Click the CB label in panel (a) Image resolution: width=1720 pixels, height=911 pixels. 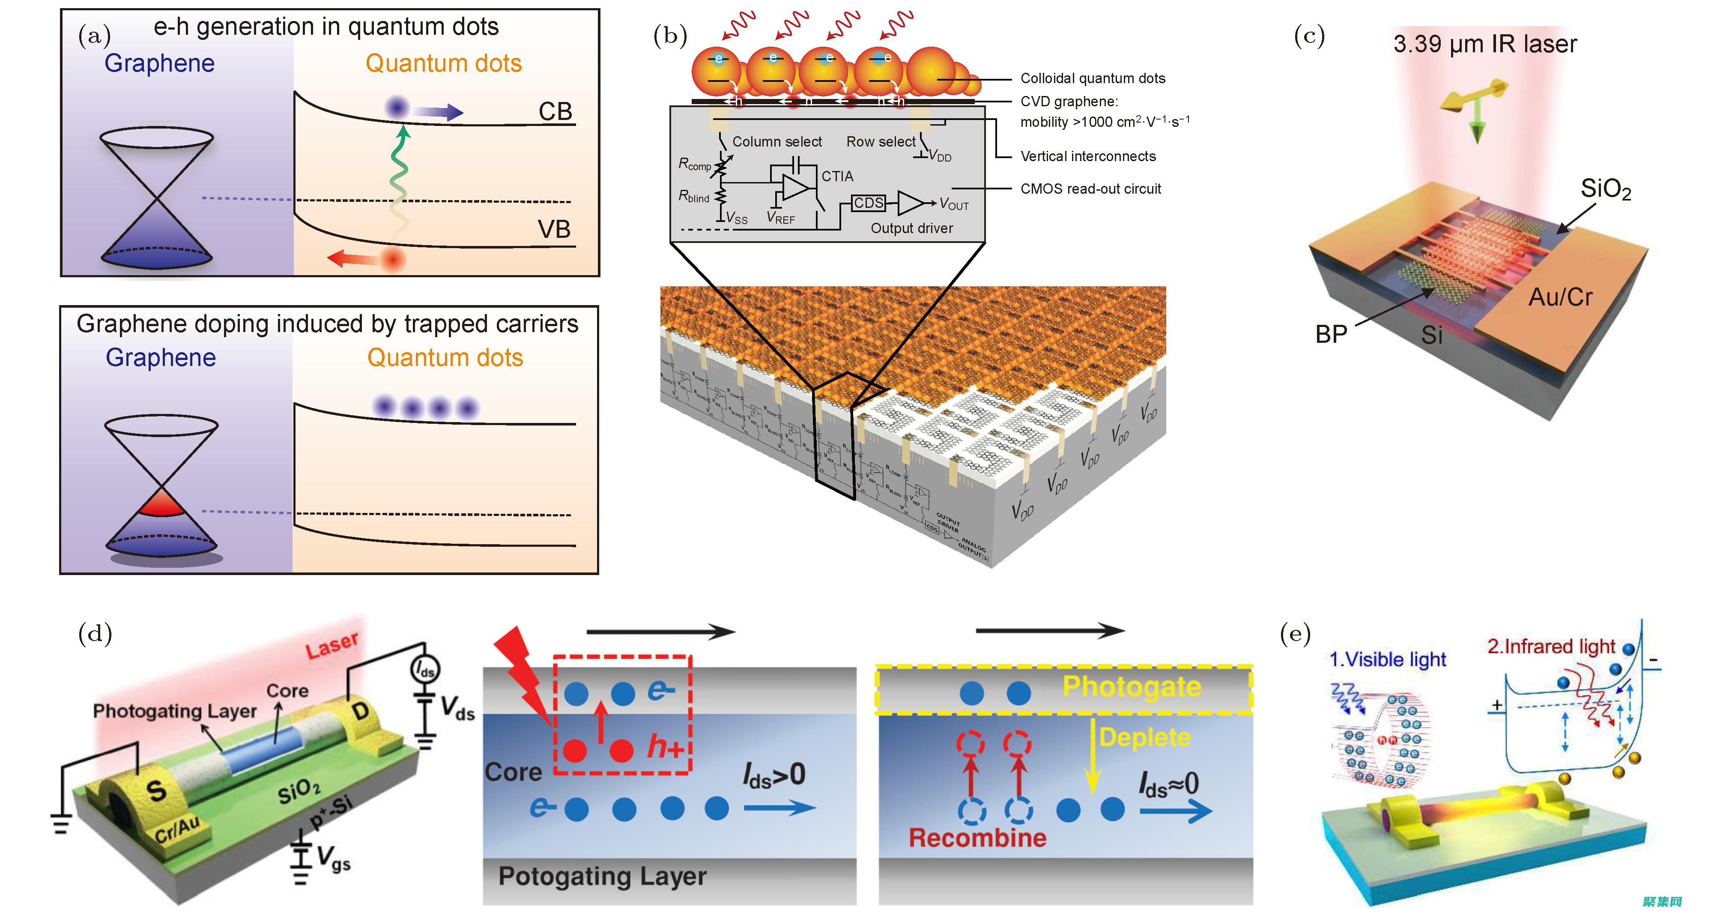555,111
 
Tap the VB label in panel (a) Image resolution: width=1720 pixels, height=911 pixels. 554,230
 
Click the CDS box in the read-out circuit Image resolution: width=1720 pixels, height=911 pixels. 869,203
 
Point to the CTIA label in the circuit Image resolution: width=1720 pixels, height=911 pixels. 837,176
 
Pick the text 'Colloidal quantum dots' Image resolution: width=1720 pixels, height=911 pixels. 1093,78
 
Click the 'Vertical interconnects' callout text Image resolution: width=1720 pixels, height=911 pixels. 1088,156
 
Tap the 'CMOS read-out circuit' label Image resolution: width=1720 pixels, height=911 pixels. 1090,189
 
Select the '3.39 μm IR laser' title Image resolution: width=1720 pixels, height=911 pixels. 1484,44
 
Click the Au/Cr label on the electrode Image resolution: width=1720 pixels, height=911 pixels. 1560,297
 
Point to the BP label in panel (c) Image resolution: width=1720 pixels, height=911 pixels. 1332,334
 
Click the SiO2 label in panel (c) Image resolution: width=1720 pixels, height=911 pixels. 1605,189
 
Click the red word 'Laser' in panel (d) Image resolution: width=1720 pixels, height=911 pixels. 332,645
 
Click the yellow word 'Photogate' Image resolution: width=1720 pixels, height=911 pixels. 1132,686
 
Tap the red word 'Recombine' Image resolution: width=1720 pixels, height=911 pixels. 977,838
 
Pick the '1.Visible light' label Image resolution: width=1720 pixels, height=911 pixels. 1388,660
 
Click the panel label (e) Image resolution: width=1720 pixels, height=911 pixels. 1295,633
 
